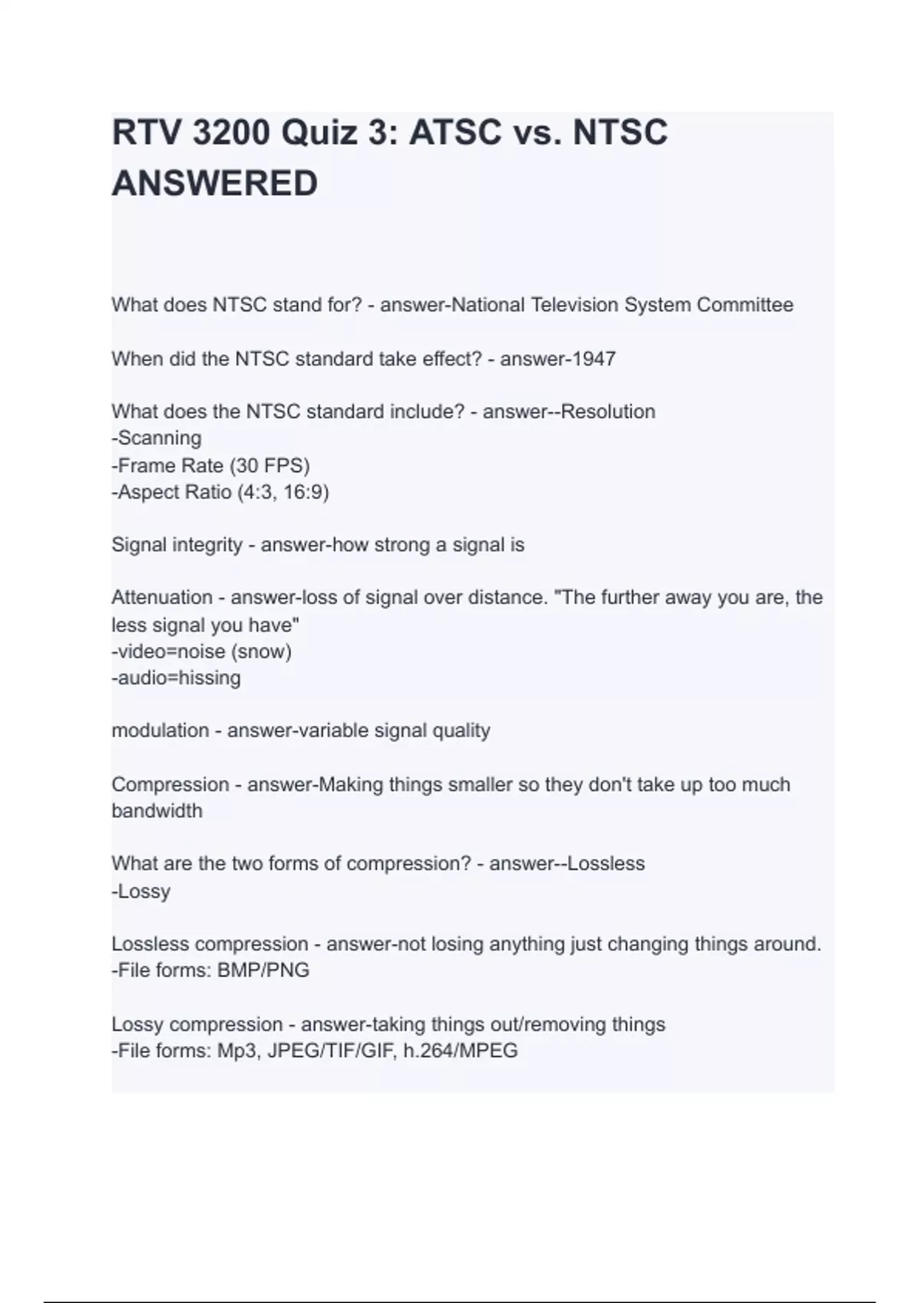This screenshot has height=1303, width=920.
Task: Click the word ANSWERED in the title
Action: (x=215, y=184)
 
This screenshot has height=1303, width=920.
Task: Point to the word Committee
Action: (x=744, y=305)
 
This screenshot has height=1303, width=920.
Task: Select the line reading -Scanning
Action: (x=157, y=438)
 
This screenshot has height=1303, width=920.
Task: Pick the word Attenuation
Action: (x=162, y=598)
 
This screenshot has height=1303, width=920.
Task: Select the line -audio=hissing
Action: (x=176, y=678)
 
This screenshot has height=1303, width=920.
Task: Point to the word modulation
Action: (x=160, y=730)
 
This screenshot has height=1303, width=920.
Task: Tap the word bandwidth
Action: (x=157, y=811)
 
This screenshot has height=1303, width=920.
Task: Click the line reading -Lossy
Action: (x=141, y=891)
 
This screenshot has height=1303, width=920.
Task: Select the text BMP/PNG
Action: (x=263, y=970)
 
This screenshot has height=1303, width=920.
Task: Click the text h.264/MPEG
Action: (x=460, y=1050)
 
